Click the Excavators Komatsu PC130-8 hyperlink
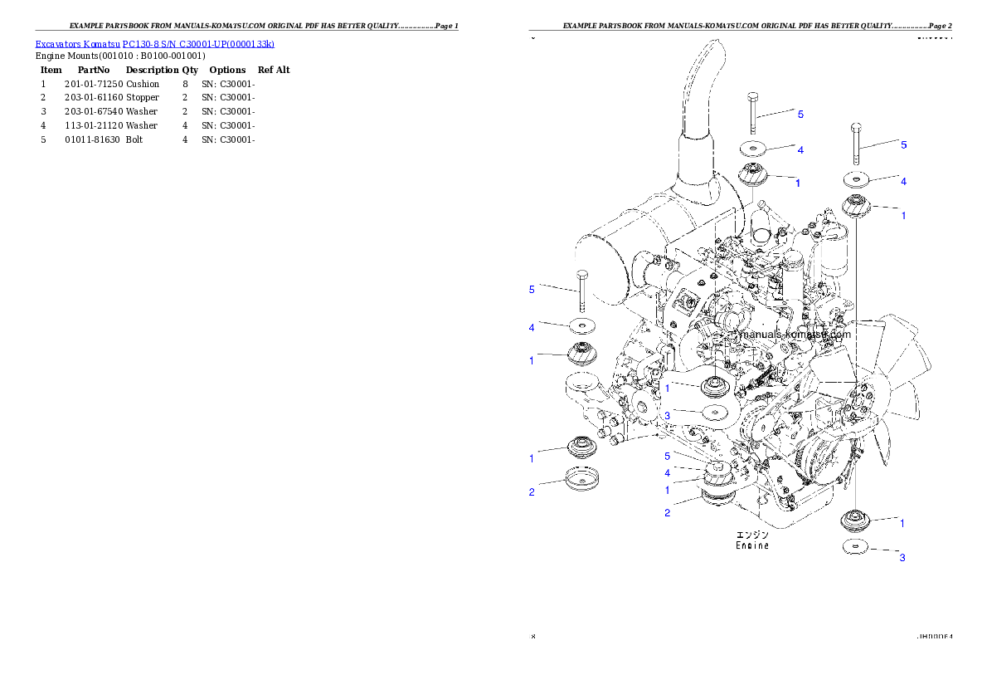pyautogui.click(x=154, y=43)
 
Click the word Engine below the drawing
pyautogui.click(x=752, y=545)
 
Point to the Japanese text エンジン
pyautogui.click(x=752, y=535)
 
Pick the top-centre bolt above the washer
pyautogui.click(x=751, y=112)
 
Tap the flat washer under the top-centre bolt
pyautogui.click(x=753, y=149)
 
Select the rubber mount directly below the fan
pyautogui.click(x=854, y=522)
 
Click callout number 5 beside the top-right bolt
pyautogui.click(x=904, y=144)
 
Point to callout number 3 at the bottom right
pyautogui.click(x=902, y=557)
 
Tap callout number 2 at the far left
pyautogui.click(x=532, y=492)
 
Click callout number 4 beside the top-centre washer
pyautogui.click(x=800, y=150)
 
